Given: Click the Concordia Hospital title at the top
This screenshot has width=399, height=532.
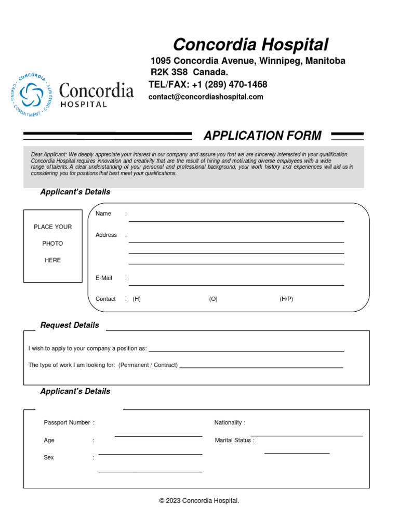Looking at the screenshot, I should point(250,44).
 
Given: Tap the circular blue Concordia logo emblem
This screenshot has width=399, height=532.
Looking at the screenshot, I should point(32,95).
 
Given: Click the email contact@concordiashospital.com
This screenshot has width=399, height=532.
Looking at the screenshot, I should point(206,97).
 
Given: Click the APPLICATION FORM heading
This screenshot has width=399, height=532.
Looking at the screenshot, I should point(262,136).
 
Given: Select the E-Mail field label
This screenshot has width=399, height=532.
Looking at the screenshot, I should point(104,278).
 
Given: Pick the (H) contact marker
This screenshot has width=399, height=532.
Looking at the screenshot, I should point(137,299).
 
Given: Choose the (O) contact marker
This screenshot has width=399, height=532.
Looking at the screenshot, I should point(213,299).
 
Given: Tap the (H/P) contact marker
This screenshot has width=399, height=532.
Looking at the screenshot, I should point(286,299).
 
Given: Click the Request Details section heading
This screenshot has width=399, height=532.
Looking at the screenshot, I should point(70,325).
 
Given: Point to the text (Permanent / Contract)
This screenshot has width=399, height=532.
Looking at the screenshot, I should point(148,365).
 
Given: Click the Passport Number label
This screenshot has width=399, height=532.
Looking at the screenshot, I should point(67,422).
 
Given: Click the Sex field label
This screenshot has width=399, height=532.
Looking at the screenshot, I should point(49,458).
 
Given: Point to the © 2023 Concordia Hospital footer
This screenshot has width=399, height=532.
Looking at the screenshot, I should point(199,501).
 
